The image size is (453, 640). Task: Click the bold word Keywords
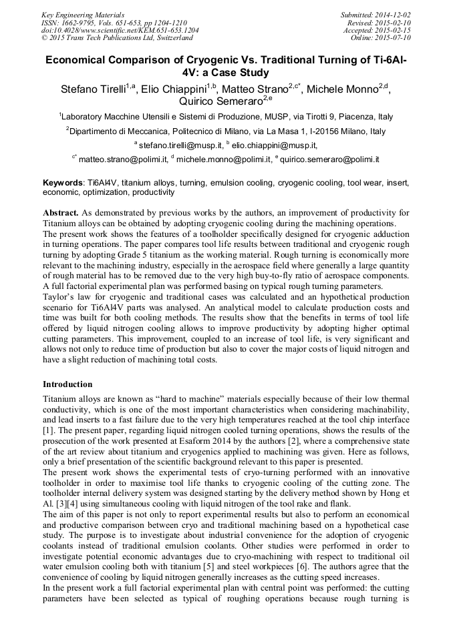(x=63, y=182)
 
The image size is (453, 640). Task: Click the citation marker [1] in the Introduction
(x=49, y=432)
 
